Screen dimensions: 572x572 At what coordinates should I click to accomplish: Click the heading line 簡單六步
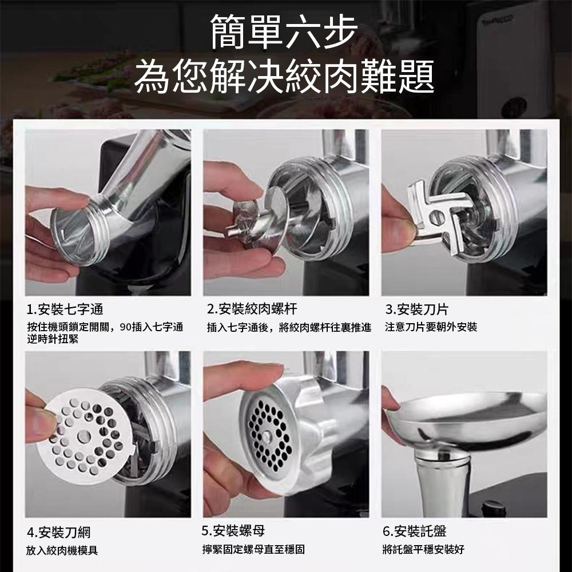[x=284, y=33]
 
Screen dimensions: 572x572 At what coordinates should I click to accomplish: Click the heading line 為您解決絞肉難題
[x=284, y=77]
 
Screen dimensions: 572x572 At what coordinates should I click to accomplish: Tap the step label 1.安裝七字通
[x=65, y=310]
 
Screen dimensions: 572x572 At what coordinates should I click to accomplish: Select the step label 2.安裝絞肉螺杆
[x=252, y=310]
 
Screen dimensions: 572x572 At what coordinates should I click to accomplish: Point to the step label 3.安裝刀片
[x=416, y=310]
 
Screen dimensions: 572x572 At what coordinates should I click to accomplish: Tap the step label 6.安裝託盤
[x=415, y=531]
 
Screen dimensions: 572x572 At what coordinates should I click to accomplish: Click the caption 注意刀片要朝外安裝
[x=431, y=327]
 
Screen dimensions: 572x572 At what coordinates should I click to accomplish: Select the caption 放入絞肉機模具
[x=62, y=550]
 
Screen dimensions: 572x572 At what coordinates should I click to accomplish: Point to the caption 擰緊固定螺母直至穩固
[x=253, y=550]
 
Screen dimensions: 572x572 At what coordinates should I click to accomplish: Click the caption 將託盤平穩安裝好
[x=423, y=550]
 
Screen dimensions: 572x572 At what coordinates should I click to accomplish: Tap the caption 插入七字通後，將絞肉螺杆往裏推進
[x=289, y=327]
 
